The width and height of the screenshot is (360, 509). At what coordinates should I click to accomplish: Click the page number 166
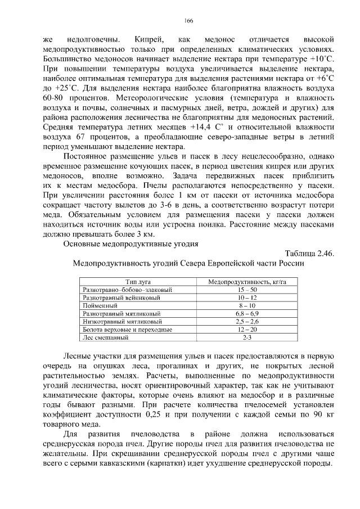188,21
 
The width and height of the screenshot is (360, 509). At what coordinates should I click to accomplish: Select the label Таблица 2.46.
309,254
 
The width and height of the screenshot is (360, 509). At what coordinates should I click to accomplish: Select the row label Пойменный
98,305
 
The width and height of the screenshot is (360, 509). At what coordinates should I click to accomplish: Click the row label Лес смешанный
106,337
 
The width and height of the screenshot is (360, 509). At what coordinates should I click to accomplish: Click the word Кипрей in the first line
149,39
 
